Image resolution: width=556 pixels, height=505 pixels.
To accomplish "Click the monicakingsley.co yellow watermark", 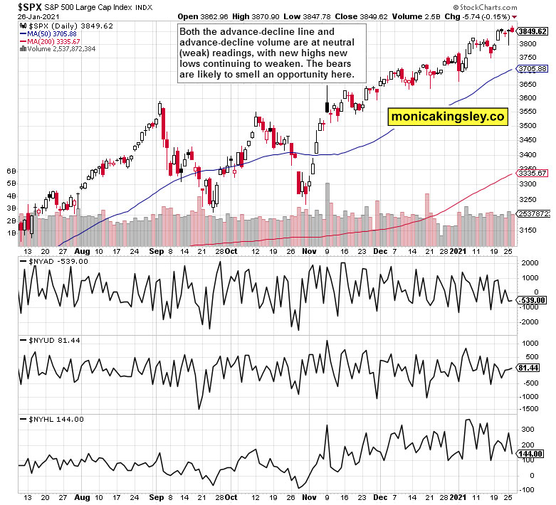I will tap(448, 116).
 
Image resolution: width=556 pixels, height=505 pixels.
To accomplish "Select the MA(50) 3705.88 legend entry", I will tap(49, 33).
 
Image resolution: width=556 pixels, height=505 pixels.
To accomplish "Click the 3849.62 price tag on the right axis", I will tap(533, 31).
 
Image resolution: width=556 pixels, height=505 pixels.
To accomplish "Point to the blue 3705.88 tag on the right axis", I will tap(533, 69).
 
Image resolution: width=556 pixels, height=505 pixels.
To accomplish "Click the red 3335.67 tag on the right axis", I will tap(533, 173).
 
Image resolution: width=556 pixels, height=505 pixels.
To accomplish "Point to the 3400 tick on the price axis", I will tap(528, 154).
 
